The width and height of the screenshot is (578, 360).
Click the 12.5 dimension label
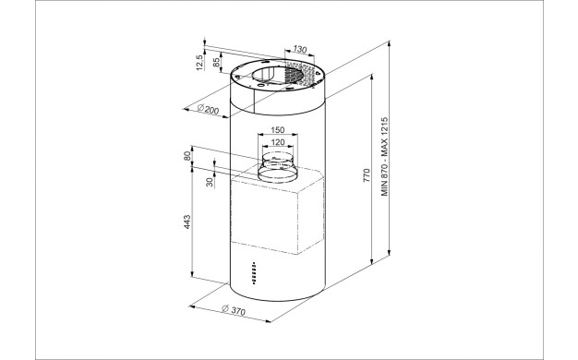pos(199,63)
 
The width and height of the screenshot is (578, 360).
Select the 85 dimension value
pos(217,62)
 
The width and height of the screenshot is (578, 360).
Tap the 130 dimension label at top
pos(300,49)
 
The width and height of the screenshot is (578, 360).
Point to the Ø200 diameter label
pos(208,109)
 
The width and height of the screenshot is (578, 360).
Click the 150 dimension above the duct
pos(278,130)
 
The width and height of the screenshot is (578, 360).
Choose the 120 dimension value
pos(278,142)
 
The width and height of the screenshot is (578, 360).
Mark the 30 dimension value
pos(210,182)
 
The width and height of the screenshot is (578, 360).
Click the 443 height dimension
pos(187,222)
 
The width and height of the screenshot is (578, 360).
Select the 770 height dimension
pos(366,175)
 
